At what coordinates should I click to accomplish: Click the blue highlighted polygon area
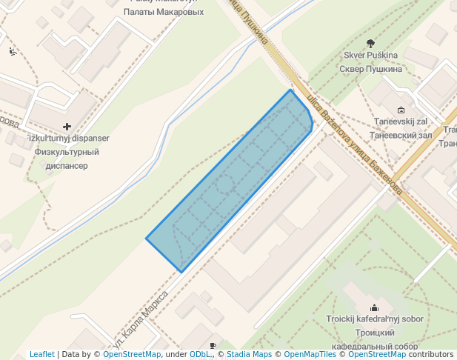click(x=230, y=181)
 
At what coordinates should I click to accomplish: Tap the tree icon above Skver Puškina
click(x=370, y=43)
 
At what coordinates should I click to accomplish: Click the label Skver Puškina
click(x=370, y=56)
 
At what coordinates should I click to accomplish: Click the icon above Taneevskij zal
click(x=401, y=109)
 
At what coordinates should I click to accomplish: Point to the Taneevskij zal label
click(x=401, y=121)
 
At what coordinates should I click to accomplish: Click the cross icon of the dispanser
click(x=67, y=127)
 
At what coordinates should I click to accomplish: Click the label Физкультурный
click(x=67, y=153)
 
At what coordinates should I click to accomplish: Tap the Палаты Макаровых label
click(x=164, y=12)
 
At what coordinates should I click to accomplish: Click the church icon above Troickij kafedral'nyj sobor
click(x=375, y=307)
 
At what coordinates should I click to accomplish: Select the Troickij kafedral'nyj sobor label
click(x=375, y=319)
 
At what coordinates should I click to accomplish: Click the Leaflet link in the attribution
click(x=42, y=355)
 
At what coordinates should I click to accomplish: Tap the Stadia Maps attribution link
click(x=249, y=355)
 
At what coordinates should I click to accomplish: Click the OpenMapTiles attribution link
click(x=310, y=355)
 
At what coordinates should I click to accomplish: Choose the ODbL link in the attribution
click(x=200, y=355)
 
